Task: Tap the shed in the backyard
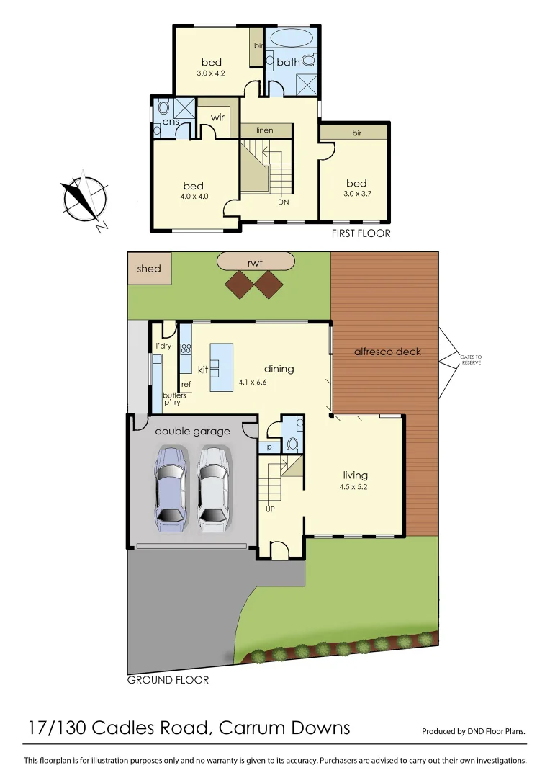(x=149, y=269)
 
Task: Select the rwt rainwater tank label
(x=256, y=261)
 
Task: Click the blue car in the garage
(x=169, y=488)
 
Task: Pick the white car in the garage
(x=213, y=488)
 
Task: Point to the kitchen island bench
(x=222, y=367)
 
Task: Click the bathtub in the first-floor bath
(x=292, y=39)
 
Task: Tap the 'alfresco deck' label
(x=387, y=352)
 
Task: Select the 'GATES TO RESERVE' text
(x=471, y=359)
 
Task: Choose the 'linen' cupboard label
(x=266, y=130)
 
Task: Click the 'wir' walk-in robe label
(x=217, y=117)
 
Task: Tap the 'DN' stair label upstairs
(x=283, y=202)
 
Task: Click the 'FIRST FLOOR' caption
(x=361, y=233)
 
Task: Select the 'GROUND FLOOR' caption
(x=168, y=680)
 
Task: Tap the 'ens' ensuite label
(x=170, y=122)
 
